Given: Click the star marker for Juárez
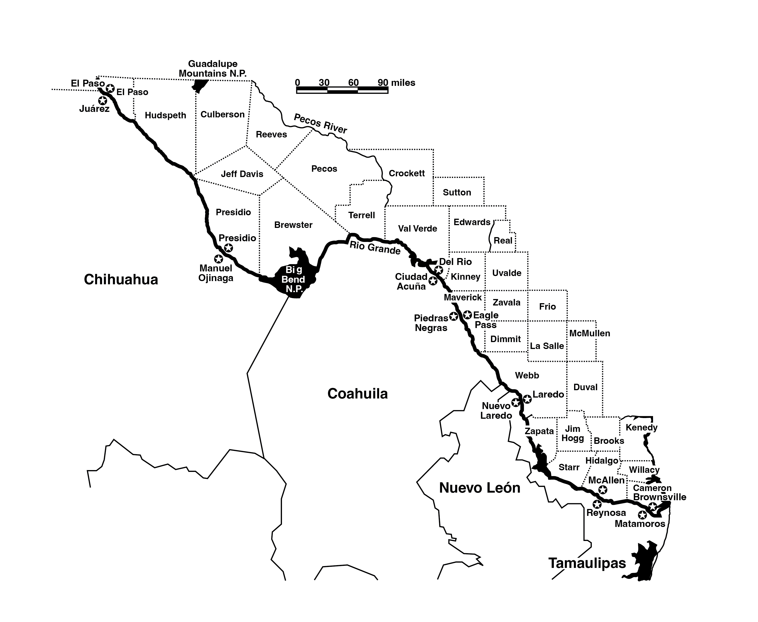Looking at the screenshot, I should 102,100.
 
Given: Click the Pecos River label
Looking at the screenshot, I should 320,123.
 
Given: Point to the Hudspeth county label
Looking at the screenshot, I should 166,115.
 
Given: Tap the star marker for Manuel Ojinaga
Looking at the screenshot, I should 218,259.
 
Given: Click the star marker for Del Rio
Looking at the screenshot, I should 439,269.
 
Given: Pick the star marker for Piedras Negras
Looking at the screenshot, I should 453,316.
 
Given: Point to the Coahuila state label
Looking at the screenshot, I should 357,394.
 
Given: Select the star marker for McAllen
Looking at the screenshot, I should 603,489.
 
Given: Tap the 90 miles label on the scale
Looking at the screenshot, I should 396,83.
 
